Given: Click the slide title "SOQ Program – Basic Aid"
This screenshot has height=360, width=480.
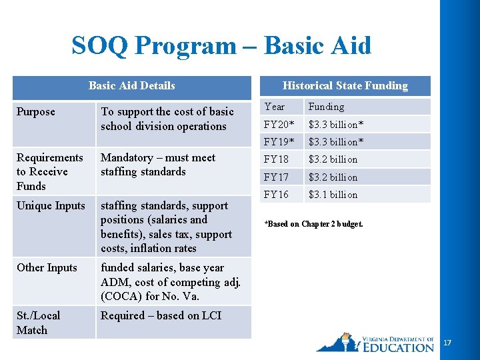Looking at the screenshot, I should (x=221, y=46).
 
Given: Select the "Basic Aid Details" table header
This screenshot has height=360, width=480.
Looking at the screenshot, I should (x=131, y=85).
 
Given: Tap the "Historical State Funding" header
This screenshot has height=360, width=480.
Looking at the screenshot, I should (x=345, y=85).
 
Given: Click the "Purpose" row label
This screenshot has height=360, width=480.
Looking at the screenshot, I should (x=36, y=111).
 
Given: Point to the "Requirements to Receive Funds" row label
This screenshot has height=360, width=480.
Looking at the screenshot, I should (x=50, y=171).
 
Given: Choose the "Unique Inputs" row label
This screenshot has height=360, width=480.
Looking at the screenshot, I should (x=51, y=205).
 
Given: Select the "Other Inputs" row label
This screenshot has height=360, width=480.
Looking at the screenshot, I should (x=47, y=267).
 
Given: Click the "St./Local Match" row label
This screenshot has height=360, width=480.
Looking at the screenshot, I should (x=38, y=323).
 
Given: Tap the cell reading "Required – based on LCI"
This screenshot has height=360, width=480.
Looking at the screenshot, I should (x=161, y=315).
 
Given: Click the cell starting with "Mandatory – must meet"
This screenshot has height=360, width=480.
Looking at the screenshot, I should (x=158, y=165).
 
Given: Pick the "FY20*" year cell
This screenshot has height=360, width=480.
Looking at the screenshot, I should (x=279, y=124).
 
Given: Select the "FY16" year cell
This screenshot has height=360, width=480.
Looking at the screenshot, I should (x=276, y=195).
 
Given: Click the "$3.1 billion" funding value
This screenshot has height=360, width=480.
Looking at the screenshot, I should (x=333, y=195).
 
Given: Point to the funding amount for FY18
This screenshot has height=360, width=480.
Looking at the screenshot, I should (x=333, y=159).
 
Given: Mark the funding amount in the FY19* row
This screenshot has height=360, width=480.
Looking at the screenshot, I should (x=336, y=142).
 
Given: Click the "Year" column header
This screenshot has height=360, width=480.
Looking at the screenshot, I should (x=274, y=107).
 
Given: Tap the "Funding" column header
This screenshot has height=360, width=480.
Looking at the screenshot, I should (x=326, y=107).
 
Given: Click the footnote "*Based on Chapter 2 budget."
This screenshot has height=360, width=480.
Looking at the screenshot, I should (x=313, y=224).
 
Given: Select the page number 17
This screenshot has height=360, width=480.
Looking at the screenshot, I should (x=447, y=343).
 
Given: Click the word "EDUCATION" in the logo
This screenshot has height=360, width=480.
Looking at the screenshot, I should (x=399, y=347).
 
